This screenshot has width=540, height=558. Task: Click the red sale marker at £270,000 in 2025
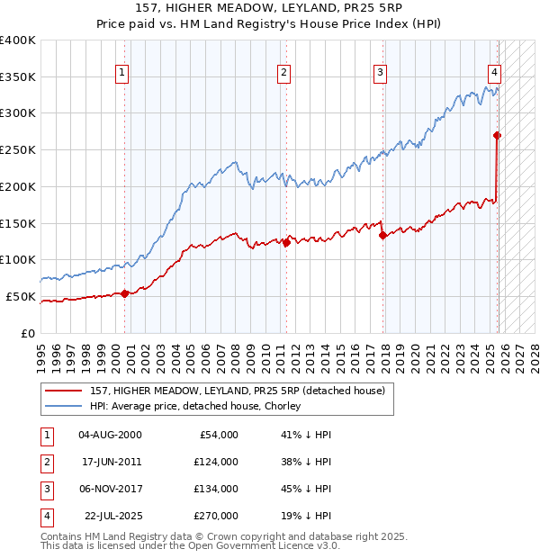coord(498,135)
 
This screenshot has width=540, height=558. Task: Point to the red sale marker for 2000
coord(124,293)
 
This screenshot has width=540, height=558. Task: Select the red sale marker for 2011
coord(286,242)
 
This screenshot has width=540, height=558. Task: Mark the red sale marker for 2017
coord(382,235)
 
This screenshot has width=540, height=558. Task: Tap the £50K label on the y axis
coord(22,296)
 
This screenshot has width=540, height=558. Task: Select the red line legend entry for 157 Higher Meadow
coord(238,390)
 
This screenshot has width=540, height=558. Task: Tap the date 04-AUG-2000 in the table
coord(110,435)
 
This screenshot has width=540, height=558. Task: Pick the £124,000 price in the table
coord(216,462)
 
